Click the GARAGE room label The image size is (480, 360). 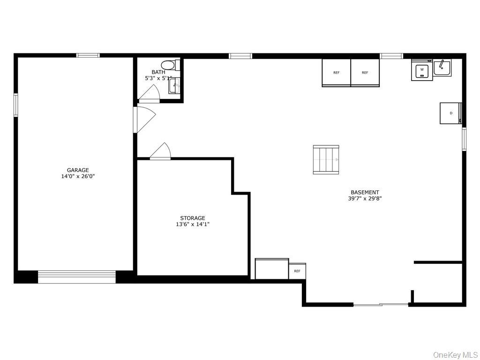pyautogui.click(x=78, y=170)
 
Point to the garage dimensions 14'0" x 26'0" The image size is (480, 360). pyautogui.click(x=78, y=177)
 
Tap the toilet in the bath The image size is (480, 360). pyautogui.click(x=168, y=65)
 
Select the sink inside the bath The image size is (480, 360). pyautogui.click(x=174, y=86)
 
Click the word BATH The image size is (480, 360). pyautogui.click(x=158, y=72)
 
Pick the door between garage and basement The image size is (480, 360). pyautogui.click(x=144, y=120)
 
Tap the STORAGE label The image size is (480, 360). pyautogui.click(x=193, y=218)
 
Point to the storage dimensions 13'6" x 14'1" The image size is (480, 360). pyautogui.click(x=193, y=225)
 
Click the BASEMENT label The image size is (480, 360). pyautogui.click(x=365, y=192)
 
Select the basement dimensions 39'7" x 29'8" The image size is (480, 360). pyautogui.click(x=365, y=199)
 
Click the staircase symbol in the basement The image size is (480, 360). pyautogui.click(x=326, y=159)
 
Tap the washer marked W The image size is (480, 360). pyautogui.click(x=422, y=71)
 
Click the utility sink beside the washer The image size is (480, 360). pyautogui.click(x=442, y=68)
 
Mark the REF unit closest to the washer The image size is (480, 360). pyautogui.click(x=365, y=73)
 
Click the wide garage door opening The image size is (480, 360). pyautogui.click(x=77, y=277)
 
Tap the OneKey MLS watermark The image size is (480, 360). pyautogui.click(x=455, y=354)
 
